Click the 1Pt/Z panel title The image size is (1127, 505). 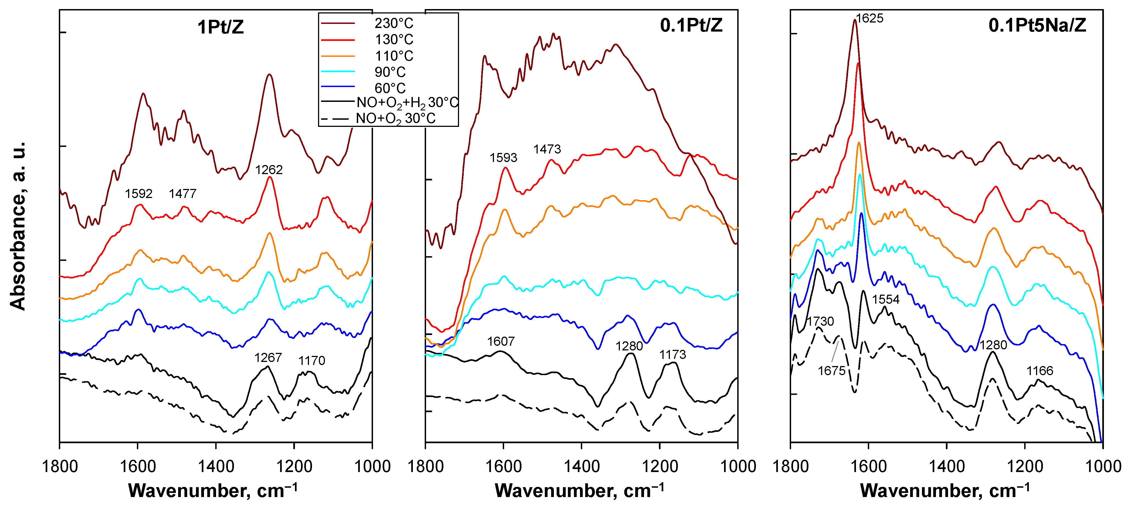coord(220,27)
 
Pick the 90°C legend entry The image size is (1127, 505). coord(390,72)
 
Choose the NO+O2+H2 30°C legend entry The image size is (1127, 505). coord(407,103)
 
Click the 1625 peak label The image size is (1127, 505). coord(869,18)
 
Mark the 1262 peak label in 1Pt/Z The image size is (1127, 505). coord(269,170)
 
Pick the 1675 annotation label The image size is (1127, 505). coord(831,371)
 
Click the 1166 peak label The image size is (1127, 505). coord(1040,371)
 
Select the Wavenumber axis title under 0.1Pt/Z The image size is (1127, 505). coord(579,490)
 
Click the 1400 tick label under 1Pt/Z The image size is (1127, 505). coord(216,467)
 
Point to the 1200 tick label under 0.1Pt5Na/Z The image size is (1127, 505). coord(1025,467)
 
